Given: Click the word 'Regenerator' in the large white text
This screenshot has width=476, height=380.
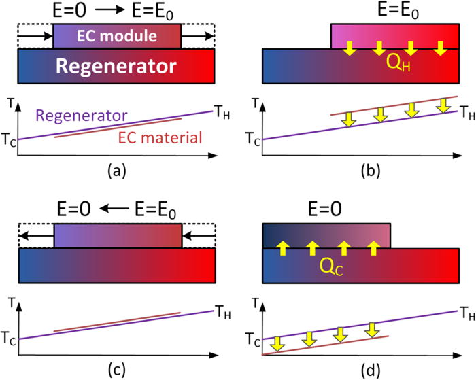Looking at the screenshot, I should pos(117,66).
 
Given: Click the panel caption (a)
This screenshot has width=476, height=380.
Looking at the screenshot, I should pos(116,171).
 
